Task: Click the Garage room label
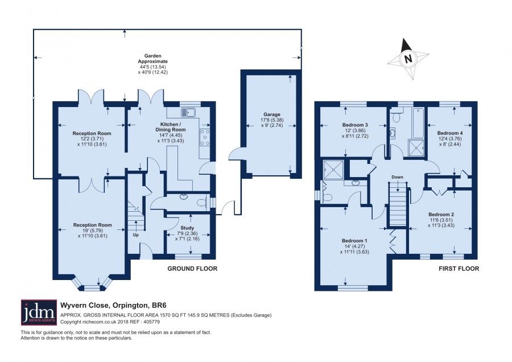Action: pos(272,114)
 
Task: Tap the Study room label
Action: pos(187,228)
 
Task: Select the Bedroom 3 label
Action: pos(355,125)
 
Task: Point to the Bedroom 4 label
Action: pos(450,133)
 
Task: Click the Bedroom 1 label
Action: pos(354,241)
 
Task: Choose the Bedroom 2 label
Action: pos(441,215)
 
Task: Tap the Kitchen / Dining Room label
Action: pos(171,127)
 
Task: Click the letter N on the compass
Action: pos(408,59)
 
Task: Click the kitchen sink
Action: pos(187,112)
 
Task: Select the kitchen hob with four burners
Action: pos(205,137)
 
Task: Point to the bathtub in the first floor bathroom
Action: pos(418,123)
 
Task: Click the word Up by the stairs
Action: pos(135,235)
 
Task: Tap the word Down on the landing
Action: pos(398,177)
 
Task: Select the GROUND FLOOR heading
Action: pos(192,269)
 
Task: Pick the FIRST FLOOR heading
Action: pos(459,269)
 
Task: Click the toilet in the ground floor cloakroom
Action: pos(203,202)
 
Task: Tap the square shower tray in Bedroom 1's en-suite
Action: pos(333,170)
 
